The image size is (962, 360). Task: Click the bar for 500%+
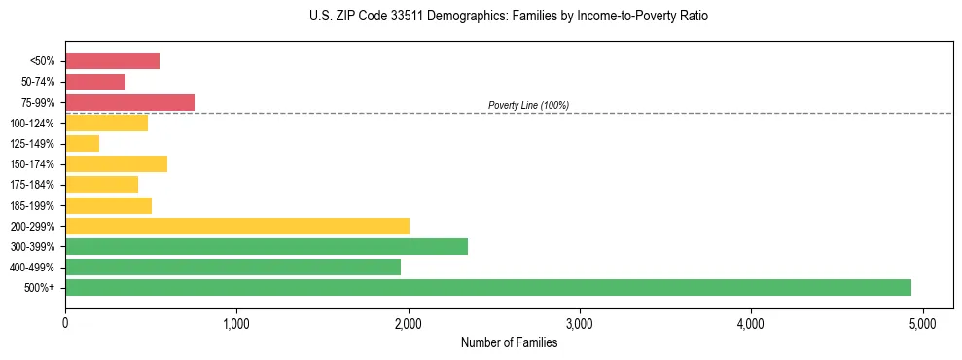coord(487,287)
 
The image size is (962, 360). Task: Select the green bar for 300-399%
coord(267,246)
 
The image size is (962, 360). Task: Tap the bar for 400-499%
coord(232,267)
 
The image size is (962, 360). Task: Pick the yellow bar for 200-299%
coord(237,226)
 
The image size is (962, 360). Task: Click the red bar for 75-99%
coord(129,102)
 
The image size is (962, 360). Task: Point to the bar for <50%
coord(112,61)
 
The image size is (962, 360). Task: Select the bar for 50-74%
coord(95,82)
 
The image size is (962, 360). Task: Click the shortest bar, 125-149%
coord(82,144)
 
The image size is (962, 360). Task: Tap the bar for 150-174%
coord(116,164)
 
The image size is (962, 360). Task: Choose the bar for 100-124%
coord(106,124)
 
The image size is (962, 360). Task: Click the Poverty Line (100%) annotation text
coord(528,105)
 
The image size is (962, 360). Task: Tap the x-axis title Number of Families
coord(509,342)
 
